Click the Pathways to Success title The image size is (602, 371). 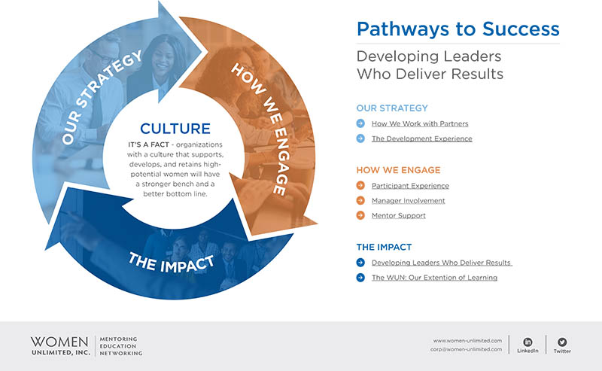458,29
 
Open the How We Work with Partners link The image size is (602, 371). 420,123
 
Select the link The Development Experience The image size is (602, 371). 421,138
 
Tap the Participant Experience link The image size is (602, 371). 410,186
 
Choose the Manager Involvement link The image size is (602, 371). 408,201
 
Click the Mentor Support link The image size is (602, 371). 398,216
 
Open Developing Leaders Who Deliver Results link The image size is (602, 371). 442,263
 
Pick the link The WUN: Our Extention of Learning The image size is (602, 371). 434,278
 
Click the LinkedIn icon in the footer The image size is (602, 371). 528,342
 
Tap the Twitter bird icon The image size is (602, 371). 562,342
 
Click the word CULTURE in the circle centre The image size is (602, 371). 175,128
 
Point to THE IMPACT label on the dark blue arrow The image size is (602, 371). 171,263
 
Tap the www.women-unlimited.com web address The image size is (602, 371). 467,341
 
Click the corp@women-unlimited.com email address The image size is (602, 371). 466,349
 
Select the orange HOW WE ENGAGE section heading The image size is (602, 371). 398,170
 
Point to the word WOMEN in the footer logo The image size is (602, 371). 59,341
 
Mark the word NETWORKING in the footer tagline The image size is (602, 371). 120,353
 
